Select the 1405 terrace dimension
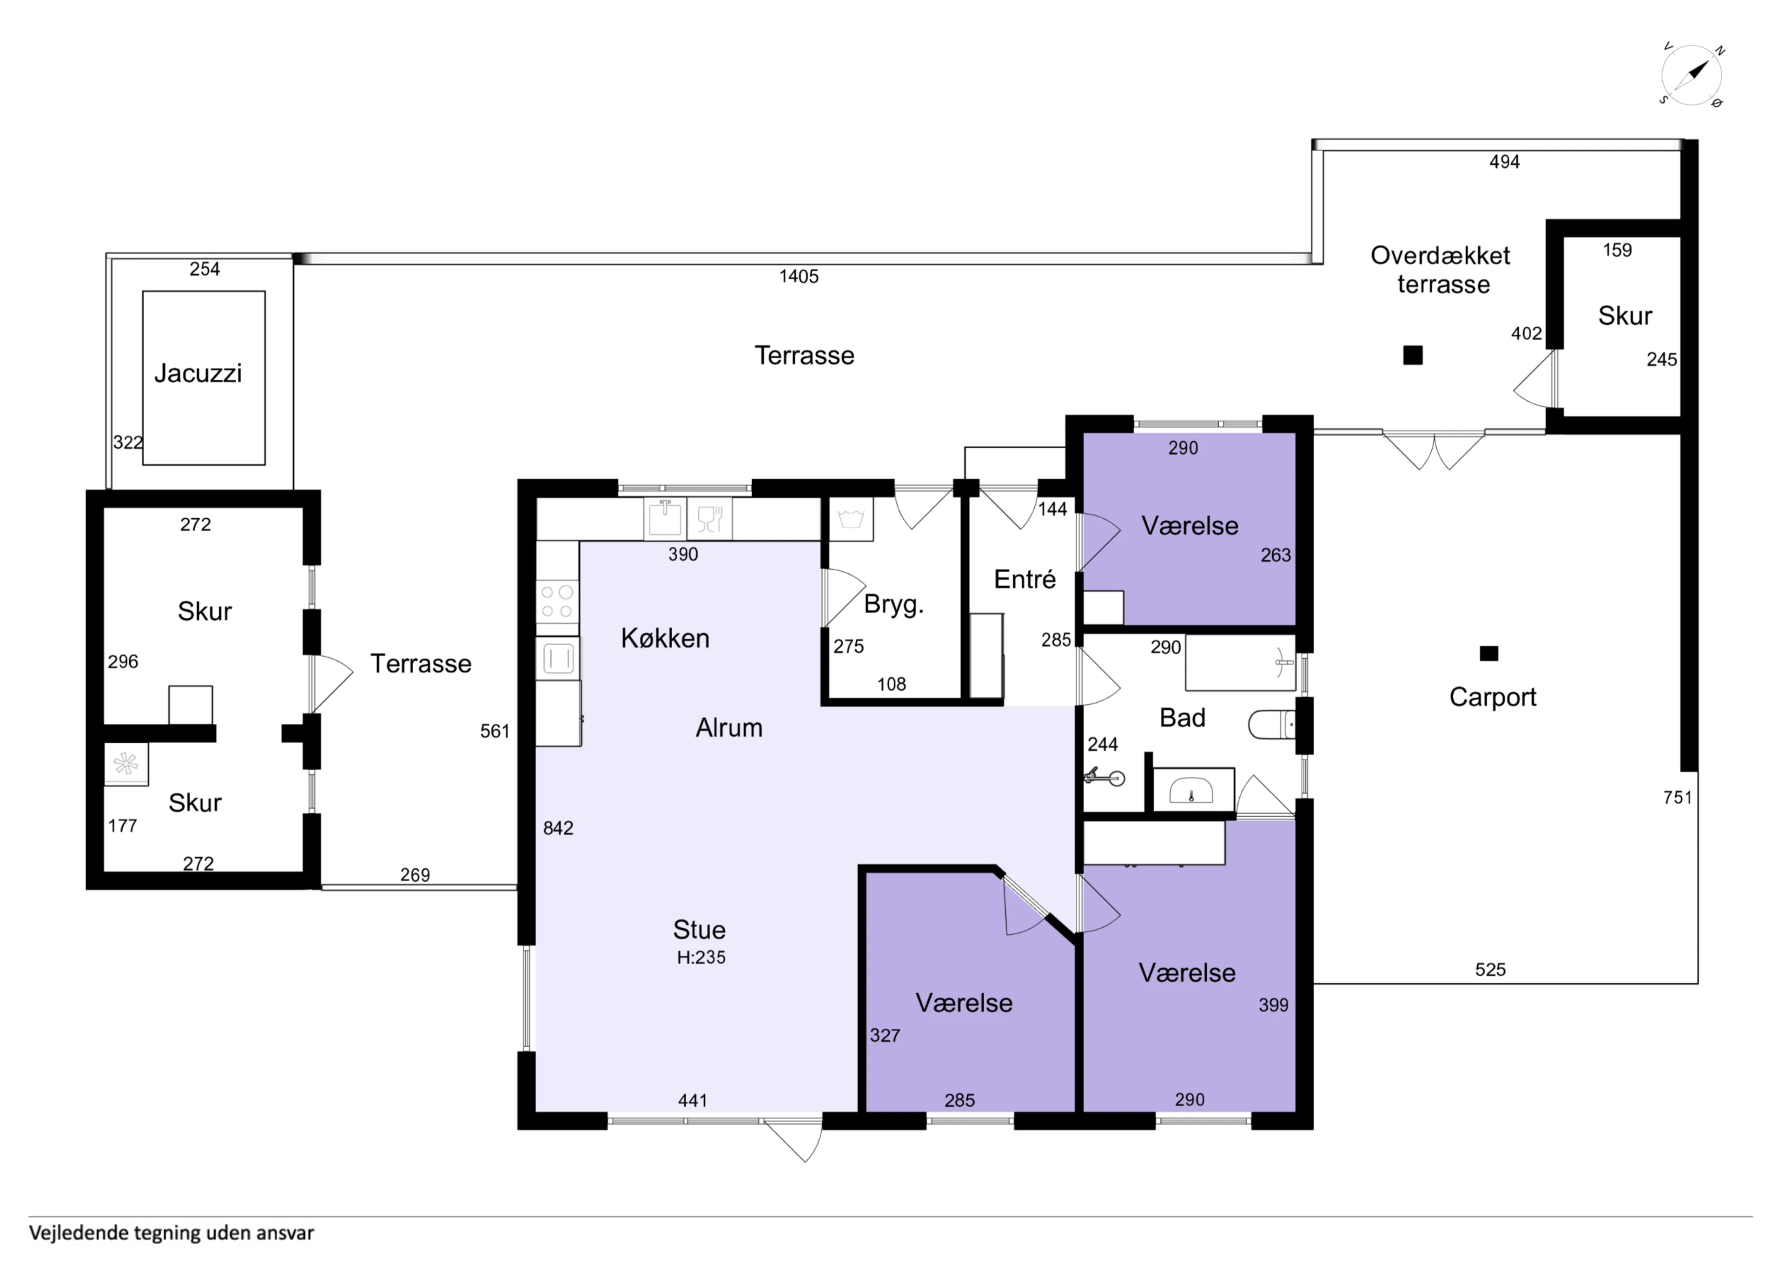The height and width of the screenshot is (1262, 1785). tap(799, 276)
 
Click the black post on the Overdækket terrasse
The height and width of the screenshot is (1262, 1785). tap(1413, 355)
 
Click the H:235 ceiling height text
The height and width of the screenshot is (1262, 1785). tap(701, 957)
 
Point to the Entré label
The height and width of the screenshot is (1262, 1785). tap(1025, 579)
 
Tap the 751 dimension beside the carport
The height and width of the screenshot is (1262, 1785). tap(1678, 797)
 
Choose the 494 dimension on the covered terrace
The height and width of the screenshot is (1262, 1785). tap(1504, 162)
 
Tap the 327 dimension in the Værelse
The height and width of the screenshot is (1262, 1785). tap(885, 1036)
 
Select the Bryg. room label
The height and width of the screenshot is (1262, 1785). tap(894, 604)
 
